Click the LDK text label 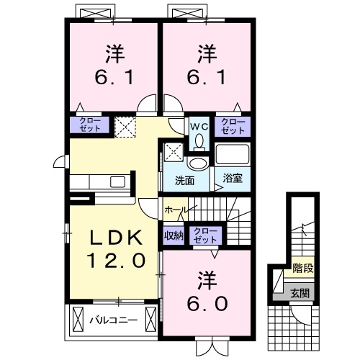point(112,237)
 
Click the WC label point(199,125)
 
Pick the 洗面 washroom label point(183,180)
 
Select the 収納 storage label point(173,234)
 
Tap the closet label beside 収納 point(205,234)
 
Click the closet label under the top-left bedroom point(89,125)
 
